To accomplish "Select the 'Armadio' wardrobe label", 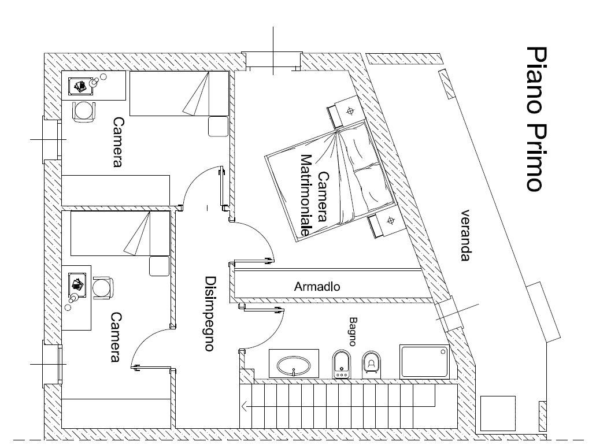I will pyautogui.click(x=317, y=286).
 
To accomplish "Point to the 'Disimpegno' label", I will pyautogui.click(x=210, y=313).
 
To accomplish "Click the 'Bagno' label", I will pyautogui.click(x=354, y=331).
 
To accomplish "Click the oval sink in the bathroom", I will pyautogui.click(x=295, y=365).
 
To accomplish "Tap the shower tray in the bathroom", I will pyautogui.click(x=424, y=362).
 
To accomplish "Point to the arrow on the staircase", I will pyautogui.click(x=246, y=406).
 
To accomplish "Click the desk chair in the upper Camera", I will pyautogui.click(x=84, y=110).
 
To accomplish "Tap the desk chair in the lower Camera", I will pyautogui.click(x=102, y=287).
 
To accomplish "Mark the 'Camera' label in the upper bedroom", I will pyautogui.click(x=118, y=142).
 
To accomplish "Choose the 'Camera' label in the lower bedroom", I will pyautogui.click(x=116, y=337).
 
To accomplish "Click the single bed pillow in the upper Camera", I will pyautogui.click(x=218, y=126).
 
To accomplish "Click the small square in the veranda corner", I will pyautogui.click(x=498, y=413).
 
